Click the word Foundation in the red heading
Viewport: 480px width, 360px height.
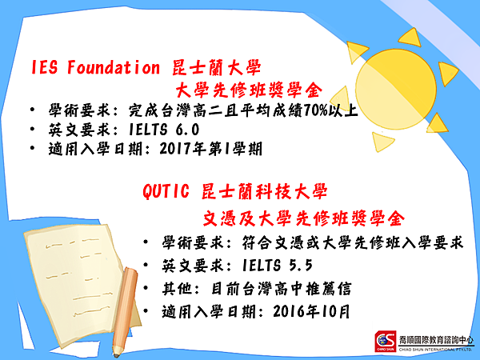pyautogui.click(x=114, y=67)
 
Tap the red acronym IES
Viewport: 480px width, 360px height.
pyautogui.click(x=44, y=67)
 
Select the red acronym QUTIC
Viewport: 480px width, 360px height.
pyautogui.click(x=166, y=191)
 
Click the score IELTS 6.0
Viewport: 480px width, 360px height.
pyautogui.click(x=164, y=130)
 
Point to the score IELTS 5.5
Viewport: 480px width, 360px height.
pyautogui.click(x=277, y=265)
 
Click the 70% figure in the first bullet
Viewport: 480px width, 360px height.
pyautogui.click(x=316, y=110)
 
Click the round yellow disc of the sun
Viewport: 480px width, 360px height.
pyautogui.click(x=395, y=89)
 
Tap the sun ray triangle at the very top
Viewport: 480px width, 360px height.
pyautogui.click(x=411, y=38)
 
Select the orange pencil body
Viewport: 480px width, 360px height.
pyautogui.click(x=126, y=308)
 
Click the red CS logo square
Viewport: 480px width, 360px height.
pyautogui.click(x=386, y=342)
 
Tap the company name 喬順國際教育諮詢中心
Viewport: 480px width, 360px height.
pyautogui.click(x=436, y=340)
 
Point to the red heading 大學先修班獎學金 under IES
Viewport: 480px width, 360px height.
pyautogui.click(x=249, y=90)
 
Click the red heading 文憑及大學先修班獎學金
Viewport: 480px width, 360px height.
pyautogui.click(x=304, y=218)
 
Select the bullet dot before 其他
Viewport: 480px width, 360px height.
pyautogui.click(x=146, y=288)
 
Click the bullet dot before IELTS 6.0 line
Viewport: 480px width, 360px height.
pyautogui.click(x=33, y=129)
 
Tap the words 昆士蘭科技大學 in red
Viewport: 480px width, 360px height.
pyautogui.click(x=265, y=192)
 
